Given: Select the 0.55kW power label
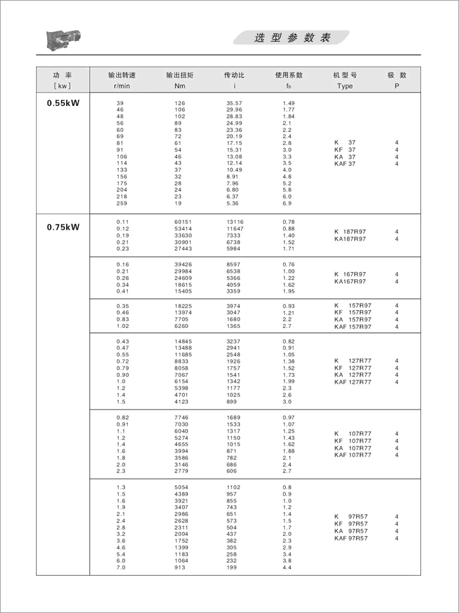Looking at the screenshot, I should click(63, 102).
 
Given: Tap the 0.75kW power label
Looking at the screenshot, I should click(63, 226).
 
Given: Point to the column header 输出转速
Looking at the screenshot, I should click(122, 75).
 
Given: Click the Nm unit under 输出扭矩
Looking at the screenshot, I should click(180, 86).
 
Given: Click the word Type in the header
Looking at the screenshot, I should click(345, 86).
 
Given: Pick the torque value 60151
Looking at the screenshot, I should click(184, 221).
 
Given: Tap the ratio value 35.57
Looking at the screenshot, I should click(234, 103).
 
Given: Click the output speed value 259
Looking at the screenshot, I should click(122, 203).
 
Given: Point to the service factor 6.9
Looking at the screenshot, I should click(288, 203).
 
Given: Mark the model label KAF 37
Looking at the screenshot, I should click(345, 164).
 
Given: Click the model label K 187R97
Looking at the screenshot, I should click(350, 232).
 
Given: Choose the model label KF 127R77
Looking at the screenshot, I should click(352, 368).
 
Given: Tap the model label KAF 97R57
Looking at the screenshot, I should click(351, 538).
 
